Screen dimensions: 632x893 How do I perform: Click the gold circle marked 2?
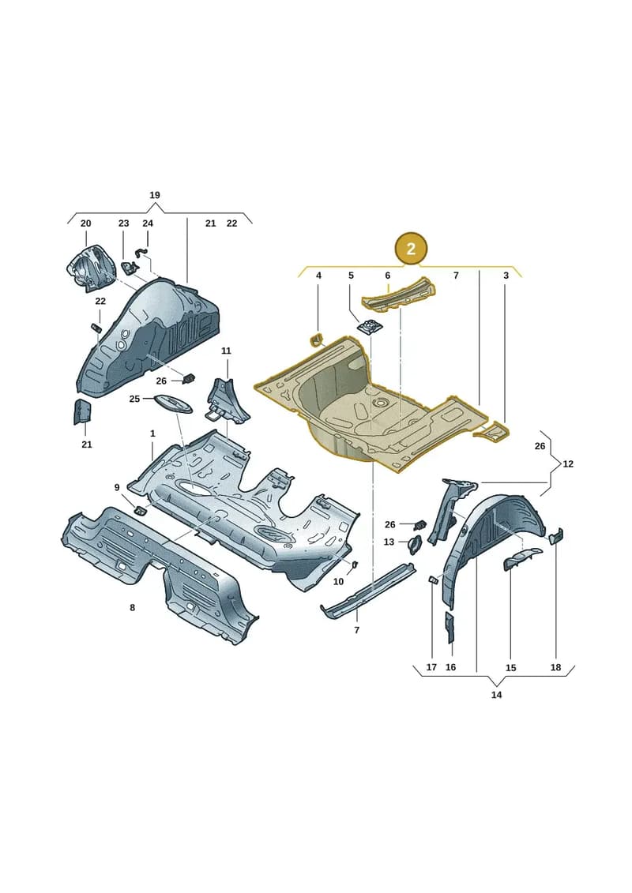(x=410, y=249)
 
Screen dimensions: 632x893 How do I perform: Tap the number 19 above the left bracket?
(x=154, y=195)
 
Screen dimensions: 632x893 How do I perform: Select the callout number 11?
(x=226, y=351)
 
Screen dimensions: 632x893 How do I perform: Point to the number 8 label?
(x=132, y=608)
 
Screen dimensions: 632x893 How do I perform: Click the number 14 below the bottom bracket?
(x=496, y=695)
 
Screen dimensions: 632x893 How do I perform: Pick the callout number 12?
(x=568, y=464)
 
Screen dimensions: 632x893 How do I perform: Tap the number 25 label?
(x=134, y=399)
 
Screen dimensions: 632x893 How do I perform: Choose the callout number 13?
(x=389, y=542)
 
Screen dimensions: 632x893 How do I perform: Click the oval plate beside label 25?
(x=173, y=403)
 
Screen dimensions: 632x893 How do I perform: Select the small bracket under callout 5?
(x=370, y=327)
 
